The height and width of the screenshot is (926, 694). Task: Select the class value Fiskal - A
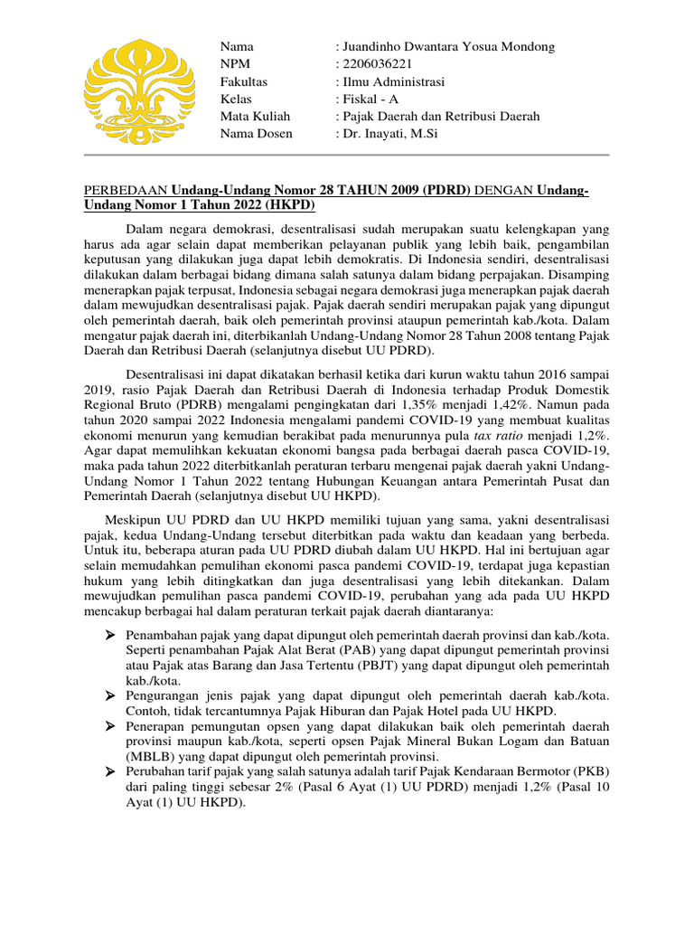(372, 99)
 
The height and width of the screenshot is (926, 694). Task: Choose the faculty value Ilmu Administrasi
(393, 81)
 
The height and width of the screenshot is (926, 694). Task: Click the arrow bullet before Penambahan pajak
(110, 635)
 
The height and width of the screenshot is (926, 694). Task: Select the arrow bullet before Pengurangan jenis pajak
(110, 695)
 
